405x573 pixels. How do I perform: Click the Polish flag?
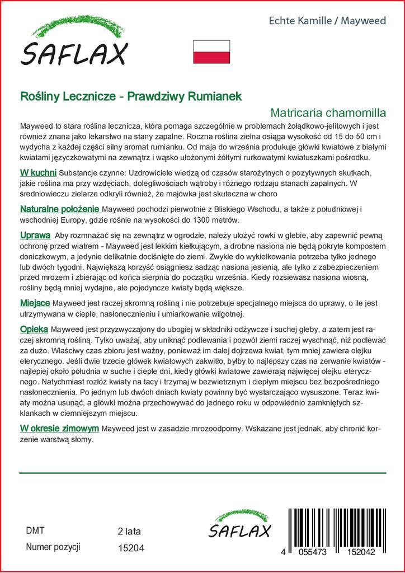pos(211,51)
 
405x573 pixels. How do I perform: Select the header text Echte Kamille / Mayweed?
pos(328,21)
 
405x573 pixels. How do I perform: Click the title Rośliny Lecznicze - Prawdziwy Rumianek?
pos(131,96)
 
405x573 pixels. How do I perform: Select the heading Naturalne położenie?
pos(60,209)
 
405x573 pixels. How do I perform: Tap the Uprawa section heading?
pos(35,234)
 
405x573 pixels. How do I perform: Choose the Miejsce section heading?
pos(35,303)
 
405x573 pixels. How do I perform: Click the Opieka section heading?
pos(34,328)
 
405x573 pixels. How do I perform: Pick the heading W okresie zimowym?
pos(59,428)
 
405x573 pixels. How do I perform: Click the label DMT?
pos(35,530)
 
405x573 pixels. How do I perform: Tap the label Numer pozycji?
pos(54,547)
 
